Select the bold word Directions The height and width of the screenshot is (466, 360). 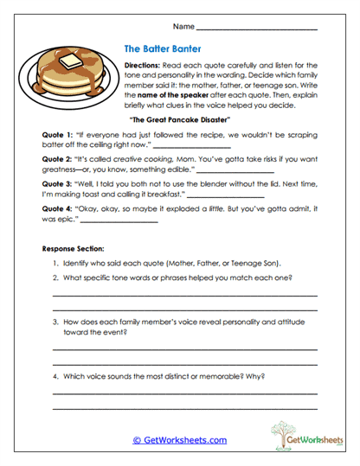(x=143, y=66)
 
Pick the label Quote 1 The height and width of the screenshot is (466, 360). (x=56, y=137)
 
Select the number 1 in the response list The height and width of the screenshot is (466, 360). (x=55, y=262)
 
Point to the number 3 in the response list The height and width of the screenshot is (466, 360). (x=55, y=321)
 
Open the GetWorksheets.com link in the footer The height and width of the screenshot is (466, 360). (x=179, y=440)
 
